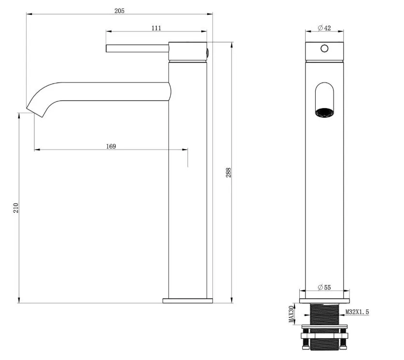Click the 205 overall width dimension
(119, 11)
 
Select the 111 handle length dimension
(156, 28)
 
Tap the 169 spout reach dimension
(111, 146)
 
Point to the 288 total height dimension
(228, 173)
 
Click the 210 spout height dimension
(16, 208)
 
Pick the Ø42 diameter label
(324, 28)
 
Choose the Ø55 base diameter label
(324, 287)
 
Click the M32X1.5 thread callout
(357, 312)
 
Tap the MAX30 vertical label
(292, 314)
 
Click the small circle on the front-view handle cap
(324, 48)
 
